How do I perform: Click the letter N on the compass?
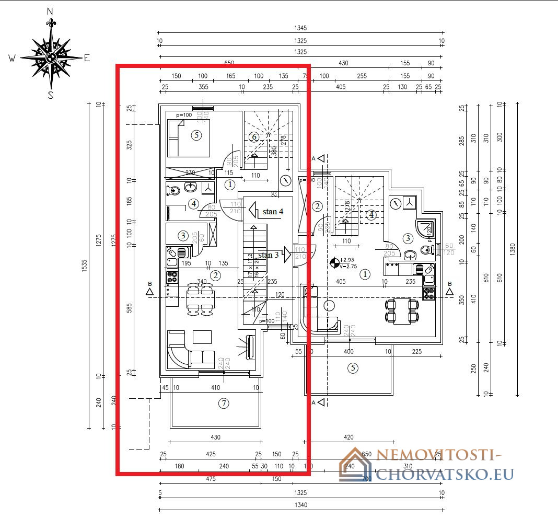50,11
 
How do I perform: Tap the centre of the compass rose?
51,57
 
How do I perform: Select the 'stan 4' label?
273,212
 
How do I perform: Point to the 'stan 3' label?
269,255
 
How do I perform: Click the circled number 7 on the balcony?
223,403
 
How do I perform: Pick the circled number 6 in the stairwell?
254,137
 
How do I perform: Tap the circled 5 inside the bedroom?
196,135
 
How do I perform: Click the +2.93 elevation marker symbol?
335,262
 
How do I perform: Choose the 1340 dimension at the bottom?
300,505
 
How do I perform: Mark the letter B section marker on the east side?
449,284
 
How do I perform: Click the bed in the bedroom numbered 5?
189,137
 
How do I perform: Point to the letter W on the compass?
12,59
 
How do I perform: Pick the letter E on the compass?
87,58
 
